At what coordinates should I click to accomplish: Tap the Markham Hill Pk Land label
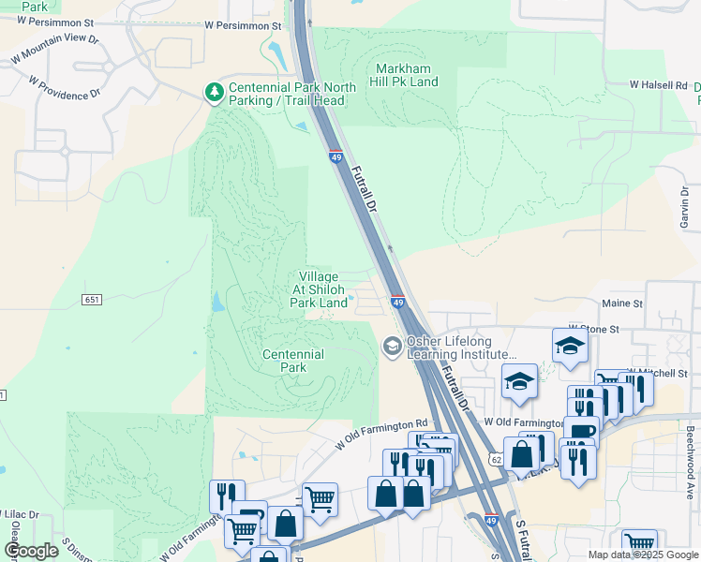coord(407,76)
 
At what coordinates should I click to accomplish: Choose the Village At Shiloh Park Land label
coord(320,289)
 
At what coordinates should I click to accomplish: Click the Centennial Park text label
coord(293,361)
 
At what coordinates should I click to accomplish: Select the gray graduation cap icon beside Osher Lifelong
coord(391,348)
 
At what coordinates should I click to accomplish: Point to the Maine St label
coord(622,303)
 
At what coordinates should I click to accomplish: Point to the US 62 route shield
coord(495,459)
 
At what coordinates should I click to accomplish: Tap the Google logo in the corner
coord(32,551)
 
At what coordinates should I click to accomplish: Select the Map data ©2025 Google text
coord(643,555)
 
